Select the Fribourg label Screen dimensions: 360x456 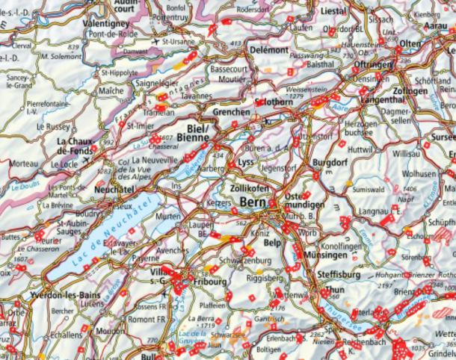point(209,282)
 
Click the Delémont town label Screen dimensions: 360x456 point(268,49)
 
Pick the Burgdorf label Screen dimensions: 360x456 point(330,162)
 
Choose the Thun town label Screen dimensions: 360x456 point(334,290)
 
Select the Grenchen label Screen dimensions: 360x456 point(231,111)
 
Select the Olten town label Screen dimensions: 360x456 point(410,45)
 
